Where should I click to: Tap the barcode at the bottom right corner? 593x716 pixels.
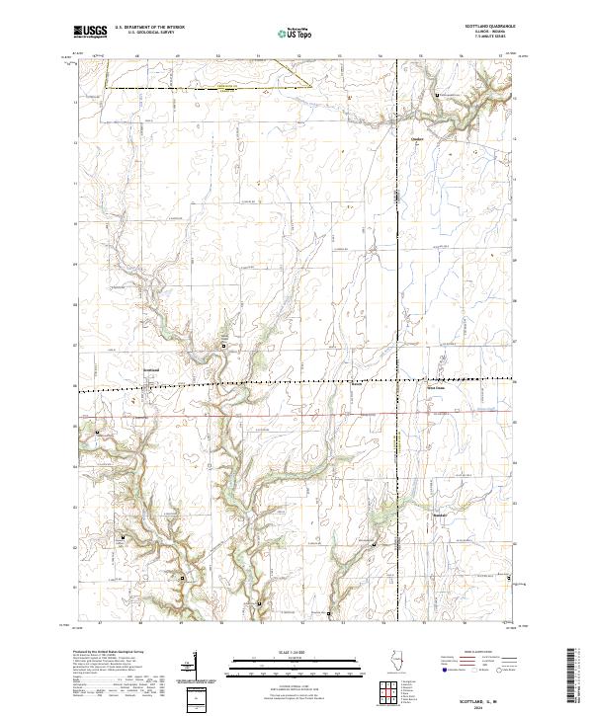[x=572, y=681]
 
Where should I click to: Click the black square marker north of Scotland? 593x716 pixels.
[x=224, y=346]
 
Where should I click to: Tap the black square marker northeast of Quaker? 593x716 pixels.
[x=440, y=95]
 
